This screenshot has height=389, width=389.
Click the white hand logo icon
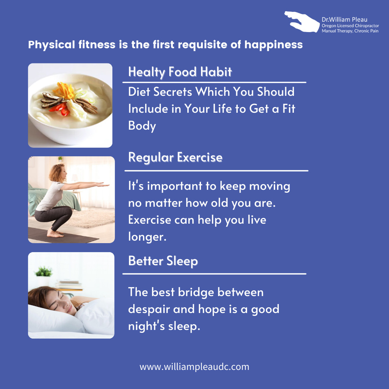pos(302,22)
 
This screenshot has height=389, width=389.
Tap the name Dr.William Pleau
pos(344,20)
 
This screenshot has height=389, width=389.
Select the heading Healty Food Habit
pos(180,72)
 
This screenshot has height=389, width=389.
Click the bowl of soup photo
pos(70,105)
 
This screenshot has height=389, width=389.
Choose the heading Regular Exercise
pos(175,157)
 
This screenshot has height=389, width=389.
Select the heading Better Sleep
pos(163,261)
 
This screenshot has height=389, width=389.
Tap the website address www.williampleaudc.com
pos(194,367)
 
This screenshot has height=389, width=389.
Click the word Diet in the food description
pos(139,92)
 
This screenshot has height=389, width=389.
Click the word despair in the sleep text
pos(149,309)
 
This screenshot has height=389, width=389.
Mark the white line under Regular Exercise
pos(216,170)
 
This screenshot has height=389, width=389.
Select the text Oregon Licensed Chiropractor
pos(350,26)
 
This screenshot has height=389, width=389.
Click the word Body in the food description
pos(142,126)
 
